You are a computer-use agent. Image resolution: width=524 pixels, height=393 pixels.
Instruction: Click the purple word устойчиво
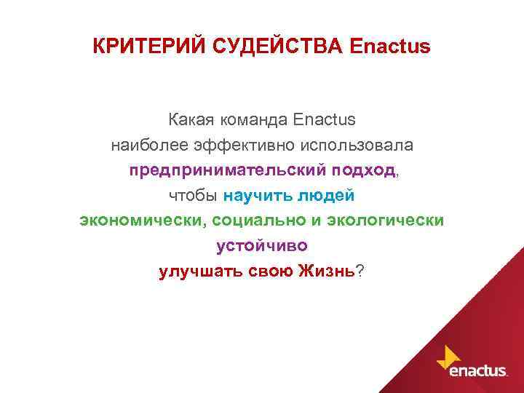tap(262, 246)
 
